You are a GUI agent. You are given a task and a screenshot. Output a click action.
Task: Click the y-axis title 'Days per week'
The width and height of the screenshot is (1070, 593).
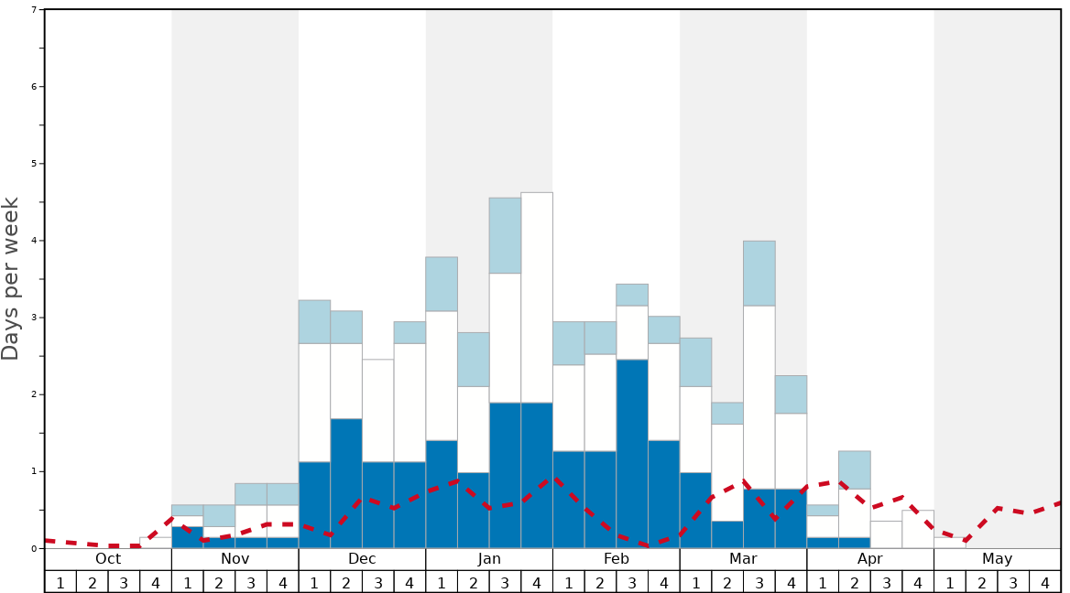11,278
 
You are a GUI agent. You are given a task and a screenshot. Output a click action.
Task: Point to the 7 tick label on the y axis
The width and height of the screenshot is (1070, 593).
34,10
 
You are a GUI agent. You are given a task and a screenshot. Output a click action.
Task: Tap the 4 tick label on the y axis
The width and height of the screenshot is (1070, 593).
34,241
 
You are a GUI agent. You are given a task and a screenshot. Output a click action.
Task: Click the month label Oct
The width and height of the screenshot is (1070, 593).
108,559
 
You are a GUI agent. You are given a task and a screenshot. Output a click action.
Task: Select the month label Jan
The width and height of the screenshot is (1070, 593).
489,559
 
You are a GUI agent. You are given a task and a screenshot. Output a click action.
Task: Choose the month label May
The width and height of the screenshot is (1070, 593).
998,559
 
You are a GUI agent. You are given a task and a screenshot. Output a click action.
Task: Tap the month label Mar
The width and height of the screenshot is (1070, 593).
743,559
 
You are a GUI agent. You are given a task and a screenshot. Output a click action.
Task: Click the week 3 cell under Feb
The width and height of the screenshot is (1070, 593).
632,582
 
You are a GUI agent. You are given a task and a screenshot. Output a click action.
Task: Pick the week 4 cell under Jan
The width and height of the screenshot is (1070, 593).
537,582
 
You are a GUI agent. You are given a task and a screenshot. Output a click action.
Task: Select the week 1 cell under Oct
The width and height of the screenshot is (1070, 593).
60,582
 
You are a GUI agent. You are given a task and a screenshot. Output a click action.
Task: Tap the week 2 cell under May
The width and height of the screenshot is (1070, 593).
982,582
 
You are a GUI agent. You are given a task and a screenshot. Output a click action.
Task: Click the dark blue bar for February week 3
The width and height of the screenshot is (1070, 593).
632,453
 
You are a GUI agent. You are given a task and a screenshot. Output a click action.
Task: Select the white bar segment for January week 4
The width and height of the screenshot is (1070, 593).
537,297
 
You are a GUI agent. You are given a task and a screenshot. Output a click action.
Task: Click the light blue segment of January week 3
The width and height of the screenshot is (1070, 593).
505,235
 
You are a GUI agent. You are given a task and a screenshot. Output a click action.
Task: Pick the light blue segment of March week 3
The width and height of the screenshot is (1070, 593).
759,273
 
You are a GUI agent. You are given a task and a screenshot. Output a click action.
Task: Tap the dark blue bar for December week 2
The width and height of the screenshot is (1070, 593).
346,483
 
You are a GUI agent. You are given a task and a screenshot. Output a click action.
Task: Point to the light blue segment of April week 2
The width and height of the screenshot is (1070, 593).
855,469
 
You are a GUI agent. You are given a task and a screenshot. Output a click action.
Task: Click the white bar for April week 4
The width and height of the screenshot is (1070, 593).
918,529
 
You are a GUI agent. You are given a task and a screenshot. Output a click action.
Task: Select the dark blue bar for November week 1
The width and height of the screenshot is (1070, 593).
188,537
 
